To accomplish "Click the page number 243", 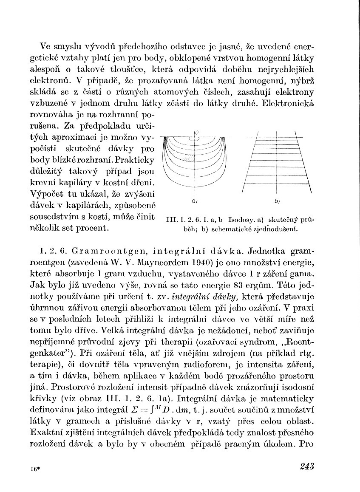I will click(x=306, y=467).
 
